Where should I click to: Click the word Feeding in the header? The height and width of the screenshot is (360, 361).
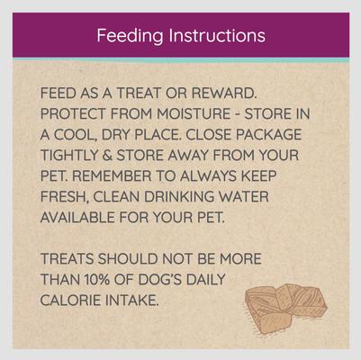point(130,36)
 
